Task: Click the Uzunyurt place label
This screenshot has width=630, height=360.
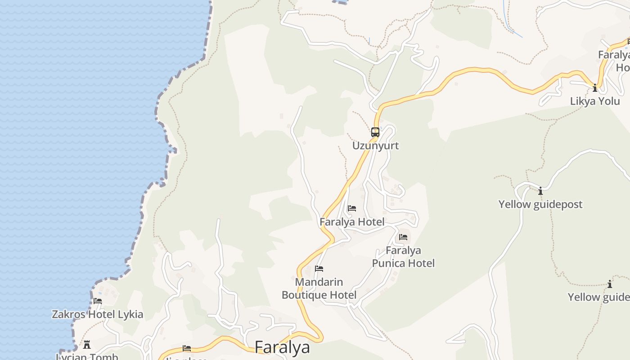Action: point(375,146)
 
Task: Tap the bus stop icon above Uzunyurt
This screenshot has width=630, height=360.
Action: point(375,132)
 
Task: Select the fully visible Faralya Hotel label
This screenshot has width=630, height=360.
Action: point(352,222)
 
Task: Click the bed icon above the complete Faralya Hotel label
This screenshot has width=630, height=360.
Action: point(352,208)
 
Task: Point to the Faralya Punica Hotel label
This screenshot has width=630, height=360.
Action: point(403,256)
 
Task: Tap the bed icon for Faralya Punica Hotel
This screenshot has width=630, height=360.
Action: point(403,237)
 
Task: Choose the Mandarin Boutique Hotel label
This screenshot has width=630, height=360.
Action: point(319,288)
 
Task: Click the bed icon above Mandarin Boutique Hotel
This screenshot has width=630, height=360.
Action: point(319,269)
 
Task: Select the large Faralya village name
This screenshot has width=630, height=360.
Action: point(282,347)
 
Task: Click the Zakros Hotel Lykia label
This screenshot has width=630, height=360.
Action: point(98,315)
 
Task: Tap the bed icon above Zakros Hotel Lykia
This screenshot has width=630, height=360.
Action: point(98,301)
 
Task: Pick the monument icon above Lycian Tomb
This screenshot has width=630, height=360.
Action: point(87,345)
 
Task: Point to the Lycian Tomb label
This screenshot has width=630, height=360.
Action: point(87,357)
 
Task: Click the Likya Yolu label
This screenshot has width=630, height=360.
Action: point(595,101)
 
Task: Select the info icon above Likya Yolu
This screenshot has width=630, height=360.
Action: point(595,88)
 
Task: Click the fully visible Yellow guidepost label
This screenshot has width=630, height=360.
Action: point(540,204)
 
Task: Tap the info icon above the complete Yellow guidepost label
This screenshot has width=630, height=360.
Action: point(540,191)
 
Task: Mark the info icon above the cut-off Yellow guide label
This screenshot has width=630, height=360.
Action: point(610,284)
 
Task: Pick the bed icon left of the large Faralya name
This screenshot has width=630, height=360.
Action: point(187,348)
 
